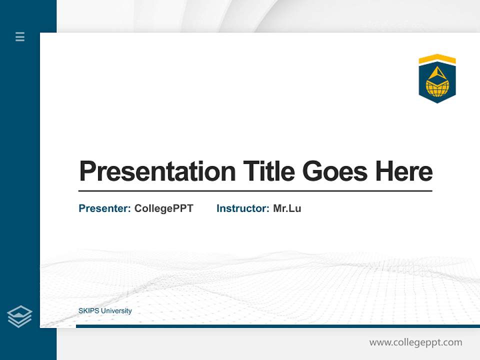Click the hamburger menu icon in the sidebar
20,36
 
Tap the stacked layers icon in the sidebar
19,316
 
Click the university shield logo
437,79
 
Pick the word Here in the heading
404,171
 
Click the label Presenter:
105,208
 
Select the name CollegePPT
163,208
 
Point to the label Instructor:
243,208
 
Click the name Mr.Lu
287,208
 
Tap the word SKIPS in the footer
89,311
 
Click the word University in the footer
116,311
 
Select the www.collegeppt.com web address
415,342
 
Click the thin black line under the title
255,191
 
